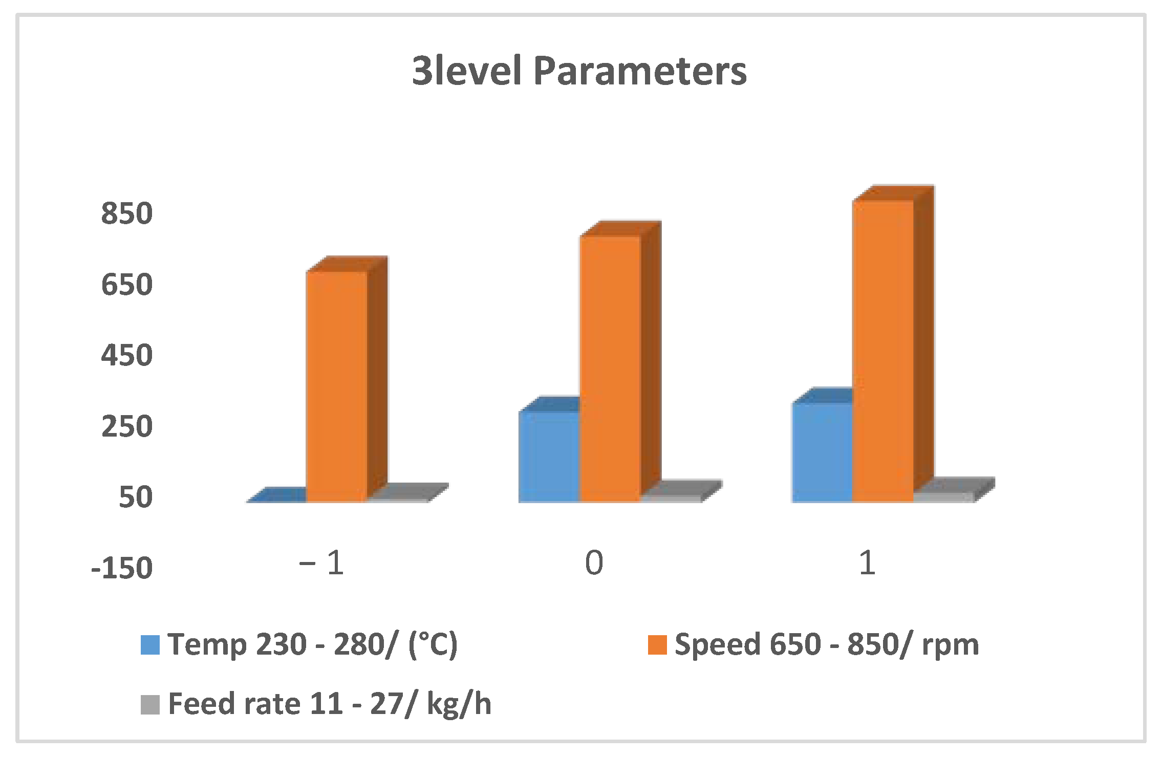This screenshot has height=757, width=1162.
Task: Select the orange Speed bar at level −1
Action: [x=337, y=386]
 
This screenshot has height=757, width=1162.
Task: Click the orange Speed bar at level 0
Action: [x=610, y=369]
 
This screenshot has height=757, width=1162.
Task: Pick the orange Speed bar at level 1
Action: [x=883, y=351]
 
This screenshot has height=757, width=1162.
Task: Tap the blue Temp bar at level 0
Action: [x=549, y=456]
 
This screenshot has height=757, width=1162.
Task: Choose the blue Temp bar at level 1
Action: [x=822, y=452]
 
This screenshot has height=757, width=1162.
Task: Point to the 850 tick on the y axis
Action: [x=126, y=213]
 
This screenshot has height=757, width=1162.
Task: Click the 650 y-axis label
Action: [x=126, y=284]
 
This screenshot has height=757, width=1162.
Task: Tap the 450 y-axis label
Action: [x=126, y=355]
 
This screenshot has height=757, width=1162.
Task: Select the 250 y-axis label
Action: [x=126, y=426]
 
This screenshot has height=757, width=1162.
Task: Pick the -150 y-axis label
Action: [x=122, y=568]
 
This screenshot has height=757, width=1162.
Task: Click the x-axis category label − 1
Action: [x=321, y=563]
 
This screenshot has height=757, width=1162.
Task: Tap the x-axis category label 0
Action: [x=594, y=563]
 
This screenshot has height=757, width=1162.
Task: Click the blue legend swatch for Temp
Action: [x=150, y=645]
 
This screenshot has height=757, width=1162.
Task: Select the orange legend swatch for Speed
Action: [x=657, y=645]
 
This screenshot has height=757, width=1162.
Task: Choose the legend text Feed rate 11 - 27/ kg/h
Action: [x=330, y=703]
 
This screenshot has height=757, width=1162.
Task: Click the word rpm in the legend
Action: [x=950, y=645]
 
